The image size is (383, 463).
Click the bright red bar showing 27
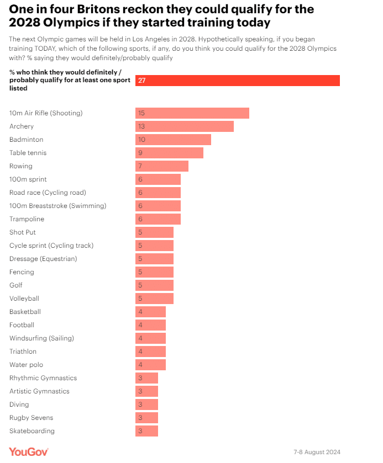coord(238,81)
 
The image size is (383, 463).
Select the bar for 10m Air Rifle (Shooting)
coord(192,113)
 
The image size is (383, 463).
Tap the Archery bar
coord(185,126)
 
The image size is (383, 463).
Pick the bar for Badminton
coord(173,140)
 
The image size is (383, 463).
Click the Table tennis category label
coord(28,153)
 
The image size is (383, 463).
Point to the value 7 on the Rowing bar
coord(140,166)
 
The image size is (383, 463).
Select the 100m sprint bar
coord(158,179)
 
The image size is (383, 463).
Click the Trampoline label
coord(27,219)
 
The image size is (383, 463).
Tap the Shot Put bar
coord(154,232)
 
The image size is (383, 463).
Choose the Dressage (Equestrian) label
coord(43,259)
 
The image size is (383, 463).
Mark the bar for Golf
coord(154,285)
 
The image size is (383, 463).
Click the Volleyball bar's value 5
coord(140,299)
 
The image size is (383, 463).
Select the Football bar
coord(150,325)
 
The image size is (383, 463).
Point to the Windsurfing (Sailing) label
coord(41,338)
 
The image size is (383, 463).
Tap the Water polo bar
coord(150,365)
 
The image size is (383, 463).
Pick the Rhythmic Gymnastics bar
coord(146,378)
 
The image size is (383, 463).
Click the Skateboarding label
coord(32,431)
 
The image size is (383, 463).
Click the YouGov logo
coord(29,451)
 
